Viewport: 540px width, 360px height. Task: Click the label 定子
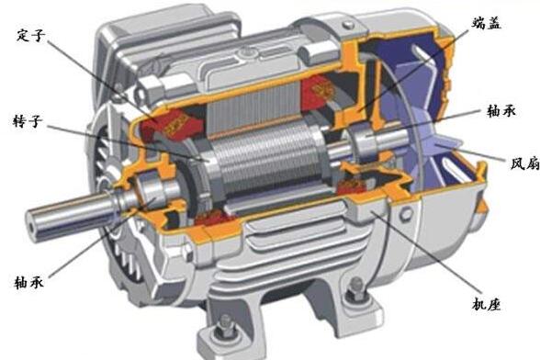pyautogui.click(x=31, y=36)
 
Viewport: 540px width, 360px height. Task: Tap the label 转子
pyautogui.click(x=28, y=121)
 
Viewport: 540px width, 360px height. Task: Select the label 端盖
pyautogui.click(x=487, y=23)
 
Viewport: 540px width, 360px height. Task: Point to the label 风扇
pyautogui.click(x=525, y=163)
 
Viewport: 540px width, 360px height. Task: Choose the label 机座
pyautogui.click(x=487, y=304)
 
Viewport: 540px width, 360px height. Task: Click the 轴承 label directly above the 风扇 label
pyautogui.click(x=501, y=111)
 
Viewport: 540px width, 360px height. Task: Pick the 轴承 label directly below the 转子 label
pyautogui.click(x=29, y=282)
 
